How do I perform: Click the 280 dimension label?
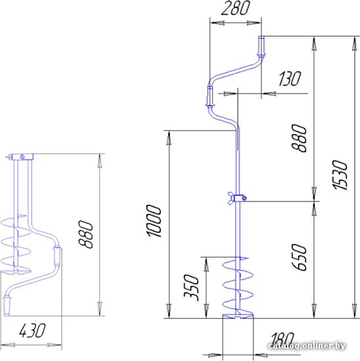pos(235,8)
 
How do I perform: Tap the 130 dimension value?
pos(290,79)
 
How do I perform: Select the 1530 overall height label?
pos(340,175)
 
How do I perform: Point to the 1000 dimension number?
pos(154,221)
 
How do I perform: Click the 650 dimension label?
pos(300,257)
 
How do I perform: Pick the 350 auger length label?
pos(191,287)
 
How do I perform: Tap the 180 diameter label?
pos(282,339)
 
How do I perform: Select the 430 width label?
pos(32,331)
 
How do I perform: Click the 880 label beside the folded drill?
pos(86,234)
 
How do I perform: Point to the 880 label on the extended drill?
pos(299,138)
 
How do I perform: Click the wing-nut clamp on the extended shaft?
pos(238,198)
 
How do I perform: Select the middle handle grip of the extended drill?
pos(210,96)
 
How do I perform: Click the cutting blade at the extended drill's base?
pos(238,316)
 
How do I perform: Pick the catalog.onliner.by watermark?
pos(307,345)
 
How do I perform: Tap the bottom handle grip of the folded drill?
pos(7,307)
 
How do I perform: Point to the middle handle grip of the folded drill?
pos(57,256)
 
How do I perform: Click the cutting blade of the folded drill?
pos(16,270)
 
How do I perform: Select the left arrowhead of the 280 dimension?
pos(217,23)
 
